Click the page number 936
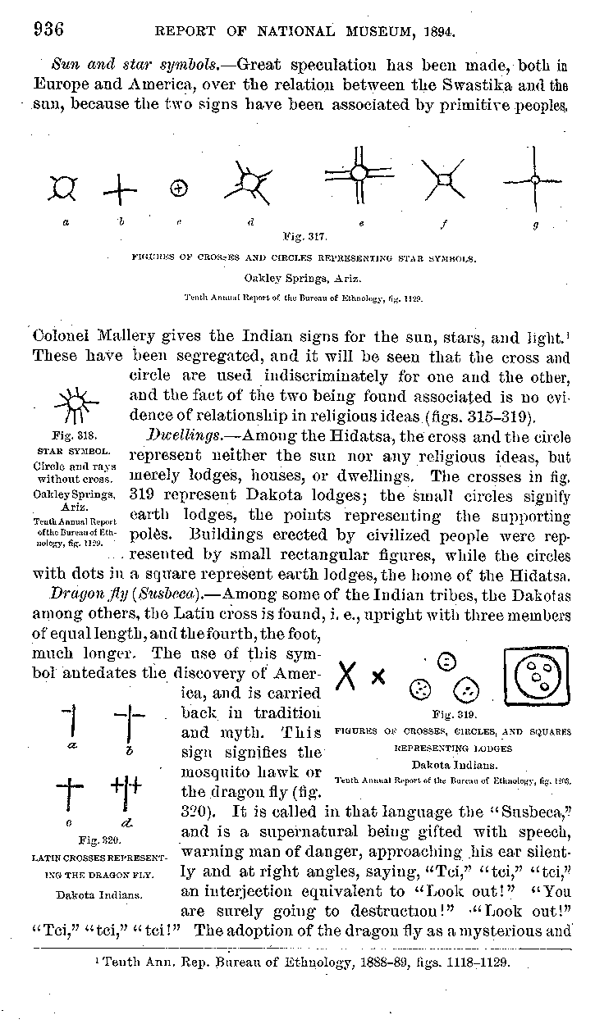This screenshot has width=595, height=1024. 49,30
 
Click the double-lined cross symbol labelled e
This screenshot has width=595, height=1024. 359,173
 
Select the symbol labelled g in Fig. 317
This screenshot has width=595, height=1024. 534,178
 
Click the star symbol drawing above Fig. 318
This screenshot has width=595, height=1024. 75,403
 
